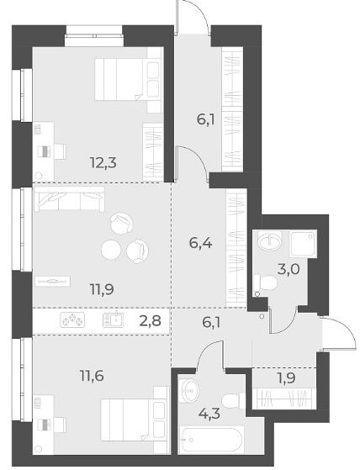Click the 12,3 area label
coord(103,163)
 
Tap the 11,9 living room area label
coord(102,289)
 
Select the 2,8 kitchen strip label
coord(151,321)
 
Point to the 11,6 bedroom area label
coord(92,376)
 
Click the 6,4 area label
coord(200,243)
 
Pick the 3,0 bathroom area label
coord(289,269)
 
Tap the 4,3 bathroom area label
coord(209,414)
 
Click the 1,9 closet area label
coord(286,378)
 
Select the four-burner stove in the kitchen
coord(72,319)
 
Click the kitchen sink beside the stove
coord(113,319)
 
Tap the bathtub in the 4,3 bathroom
coord(211,440)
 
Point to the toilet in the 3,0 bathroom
coord(265,283)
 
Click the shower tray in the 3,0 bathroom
coord(303,243)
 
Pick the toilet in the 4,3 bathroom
coord(234,400)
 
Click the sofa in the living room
coord(69,199)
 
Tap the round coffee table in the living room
coord(111,250)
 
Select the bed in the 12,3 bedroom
coord(129,79)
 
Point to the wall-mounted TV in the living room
coord(52,281)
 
